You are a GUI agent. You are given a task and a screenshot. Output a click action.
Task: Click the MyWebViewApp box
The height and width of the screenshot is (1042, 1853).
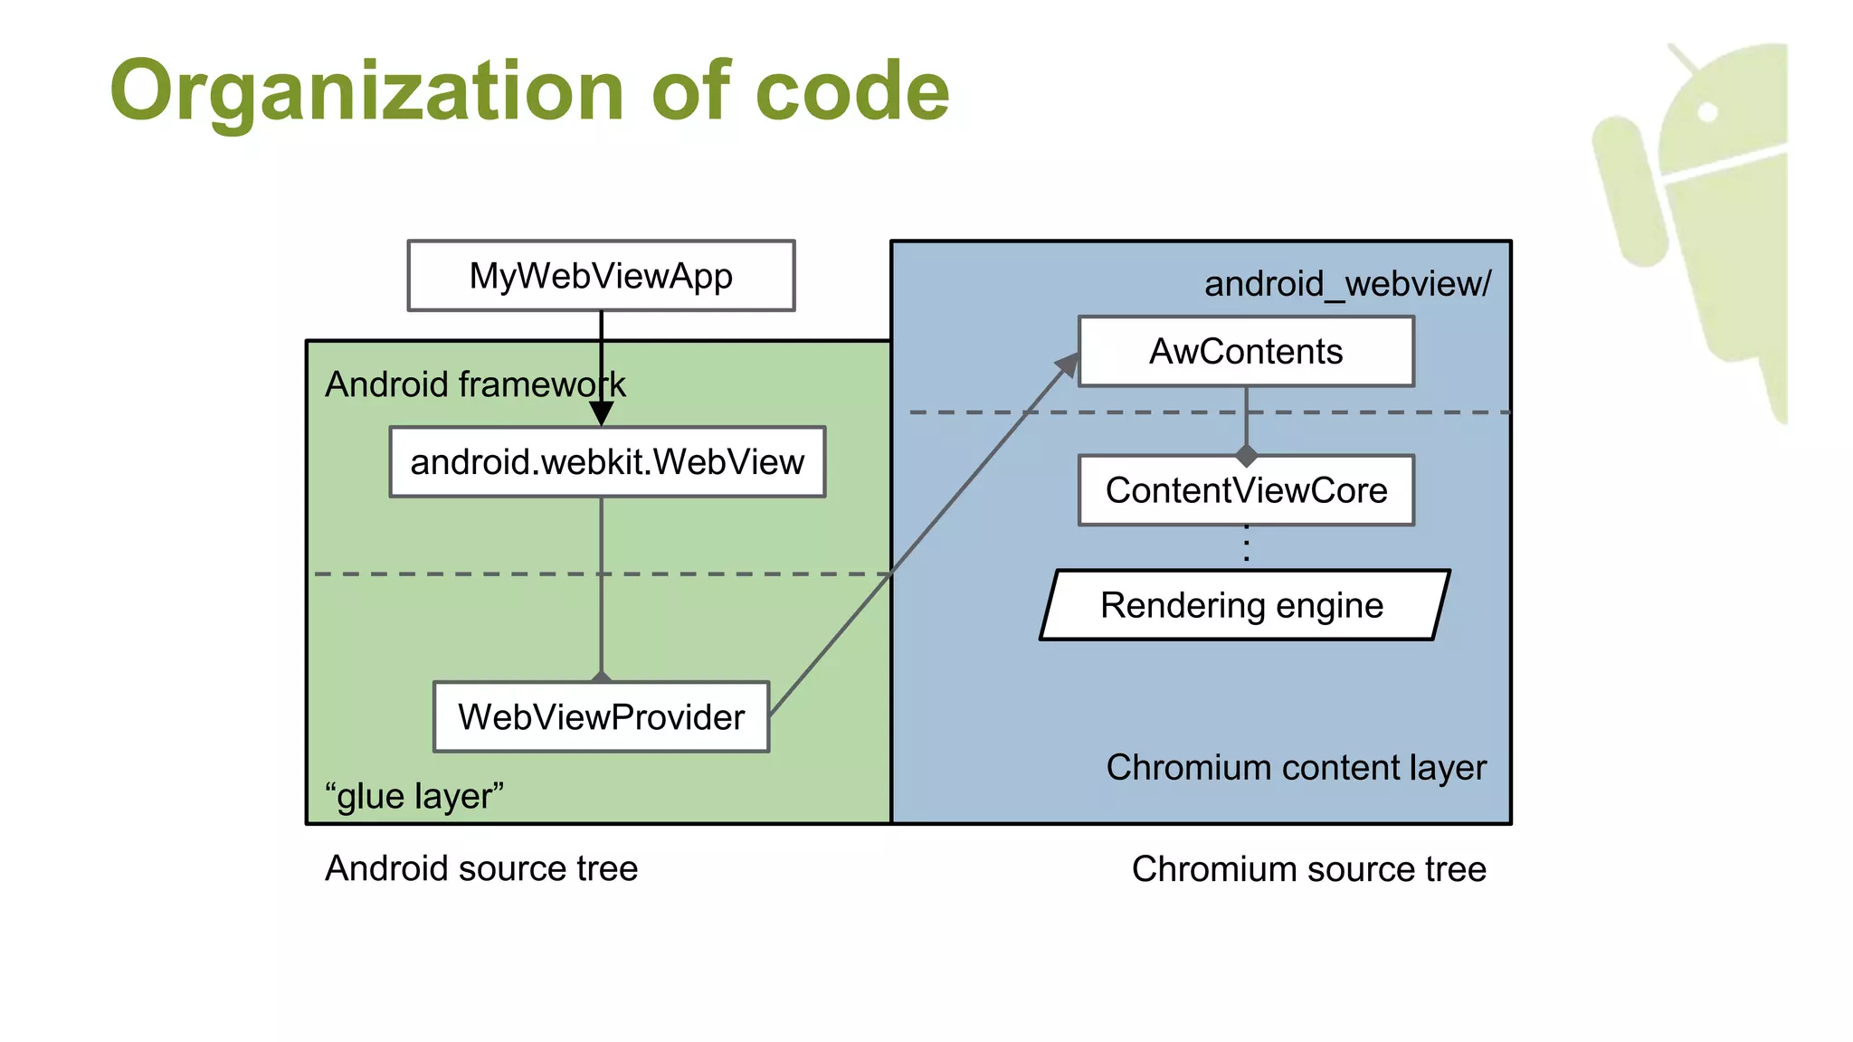pyautogui.click(x=601, y=276)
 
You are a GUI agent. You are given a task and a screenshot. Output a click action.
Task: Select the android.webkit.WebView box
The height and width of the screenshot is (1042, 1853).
pyautogui.click(x=607, y=462)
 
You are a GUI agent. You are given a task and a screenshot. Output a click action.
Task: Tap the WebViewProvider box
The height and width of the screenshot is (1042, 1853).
pyautogui.click(x=601, y=717)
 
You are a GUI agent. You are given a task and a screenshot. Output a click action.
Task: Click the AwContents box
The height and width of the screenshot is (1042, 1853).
pyautogui.click(x=1246, y=352)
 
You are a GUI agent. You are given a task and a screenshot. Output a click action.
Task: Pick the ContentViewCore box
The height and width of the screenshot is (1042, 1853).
pyautogui.click(x=1246, y=490)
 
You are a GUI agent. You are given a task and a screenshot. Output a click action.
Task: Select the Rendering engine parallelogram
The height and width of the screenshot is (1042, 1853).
pyautogui.click(x=1243, y=605)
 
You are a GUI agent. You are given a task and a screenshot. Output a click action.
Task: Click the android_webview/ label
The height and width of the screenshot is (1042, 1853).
pyautogui.click(x=1346, y=284)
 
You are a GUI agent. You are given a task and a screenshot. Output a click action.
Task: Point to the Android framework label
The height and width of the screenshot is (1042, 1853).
pyautogui.click(x=475, y=384)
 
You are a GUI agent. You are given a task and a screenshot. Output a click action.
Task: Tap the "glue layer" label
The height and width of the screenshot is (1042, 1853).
pyautogui.click(x=413, y=796)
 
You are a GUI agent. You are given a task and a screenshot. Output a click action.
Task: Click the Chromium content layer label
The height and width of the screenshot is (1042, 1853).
pyautogui.click(x=1296, y=767)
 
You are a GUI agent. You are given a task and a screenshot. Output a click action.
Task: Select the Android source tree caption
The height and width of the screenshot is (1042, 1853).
pyautogui.click(x=481, y=868)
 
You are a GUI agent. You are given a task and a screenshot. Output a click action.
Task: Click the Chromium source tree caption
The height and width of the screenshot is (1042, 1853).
pyautogui.click(x=1308, y=869)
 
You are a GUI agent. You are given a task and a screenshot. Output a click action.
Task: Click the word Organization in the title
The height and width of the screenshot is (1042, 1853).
pyautogui.click(x=366, y=90)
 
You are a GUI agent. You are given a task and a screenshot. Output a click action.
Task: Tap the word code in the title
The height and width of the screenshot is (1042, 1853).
pyautogui.click(x=851, y=90)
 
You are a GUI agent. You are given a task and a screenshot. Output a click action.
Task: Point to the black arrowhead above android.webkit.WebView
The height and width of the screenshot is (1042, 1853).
pyautogui.click(x=601, y=414)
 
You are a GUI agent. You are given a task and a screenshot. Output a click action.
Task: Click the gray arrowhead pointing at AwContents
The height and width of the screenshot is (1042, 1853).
pyautogui.click(x=1069, y=365)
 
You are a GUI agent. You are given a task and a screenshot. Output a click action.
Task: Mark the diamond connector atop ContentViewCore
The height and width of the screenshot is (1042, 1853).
pyautogui.click(x=1247, y=455)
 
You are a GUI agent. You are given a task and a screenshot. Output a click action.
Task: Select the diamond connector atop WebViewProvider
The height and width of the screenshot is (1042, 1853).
pyautogui.click(x=601, y=677)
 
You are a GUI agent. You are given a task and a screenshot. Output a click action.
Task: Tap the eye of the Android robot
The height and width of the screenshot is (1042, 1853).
pyautogui.click(x=1707, y=113)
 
